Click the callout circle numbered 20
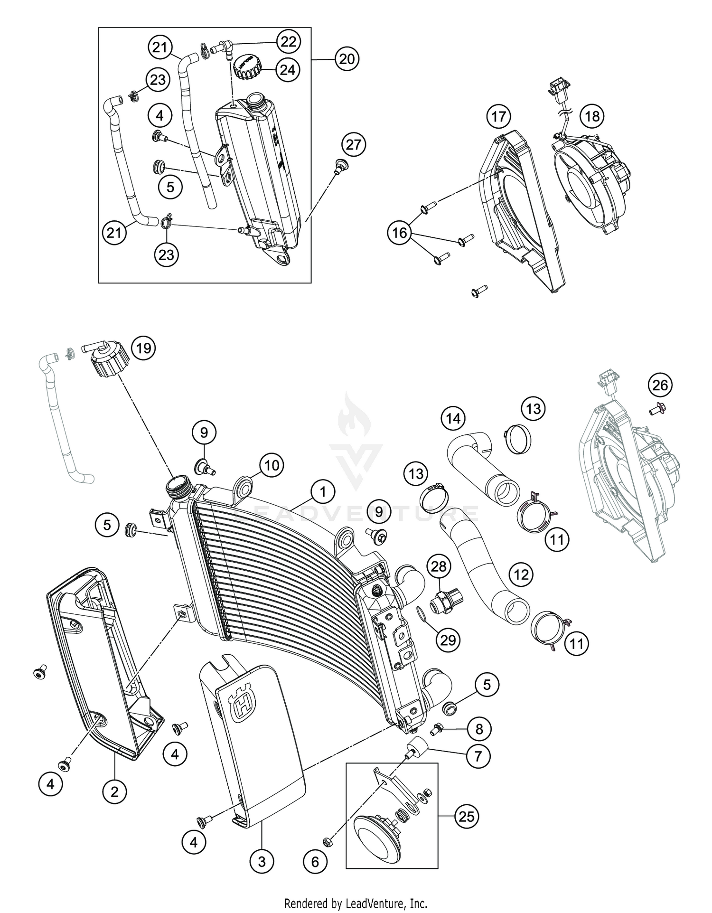click(x=347, y=59)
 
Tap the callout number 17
click(x=498, y=116)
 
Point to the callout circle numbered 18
click(x=592, y=116)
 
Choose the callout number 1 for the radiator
click(x=323, y=491)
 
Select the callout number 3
click(x=262, y=861)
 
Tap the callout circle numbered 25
click(x=466, y=816)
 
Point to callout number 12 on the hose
click(x=521, y=575)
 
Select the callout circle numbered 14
click(x=453, y=418)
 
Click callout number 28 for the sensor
click(x=439, y=566)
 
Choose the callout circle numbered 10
click(x=272, y=465)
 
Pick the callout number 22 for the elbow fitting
click(x=288, y=42)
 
